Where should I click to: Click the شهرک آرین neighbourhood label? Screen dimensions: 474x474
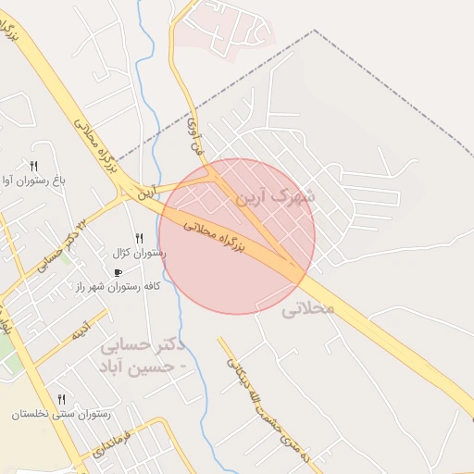click(275, 197)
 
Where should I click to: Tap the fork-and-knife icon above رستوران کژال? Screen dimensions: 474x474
click(139, 238)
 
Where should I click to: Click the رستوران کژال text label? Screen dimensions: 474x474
click(139, 253)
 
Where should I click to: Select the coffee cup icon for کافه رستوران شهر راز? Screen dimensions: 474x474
click(118, 272)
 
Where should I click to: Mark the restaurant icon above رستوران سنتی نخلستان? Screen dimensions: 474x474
click(61, 398)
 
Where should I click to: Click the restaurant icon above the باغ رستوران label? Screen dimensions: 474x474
click(34, 165)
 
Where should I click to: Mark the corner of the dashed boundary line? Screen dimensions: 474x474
click(315, 30)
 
